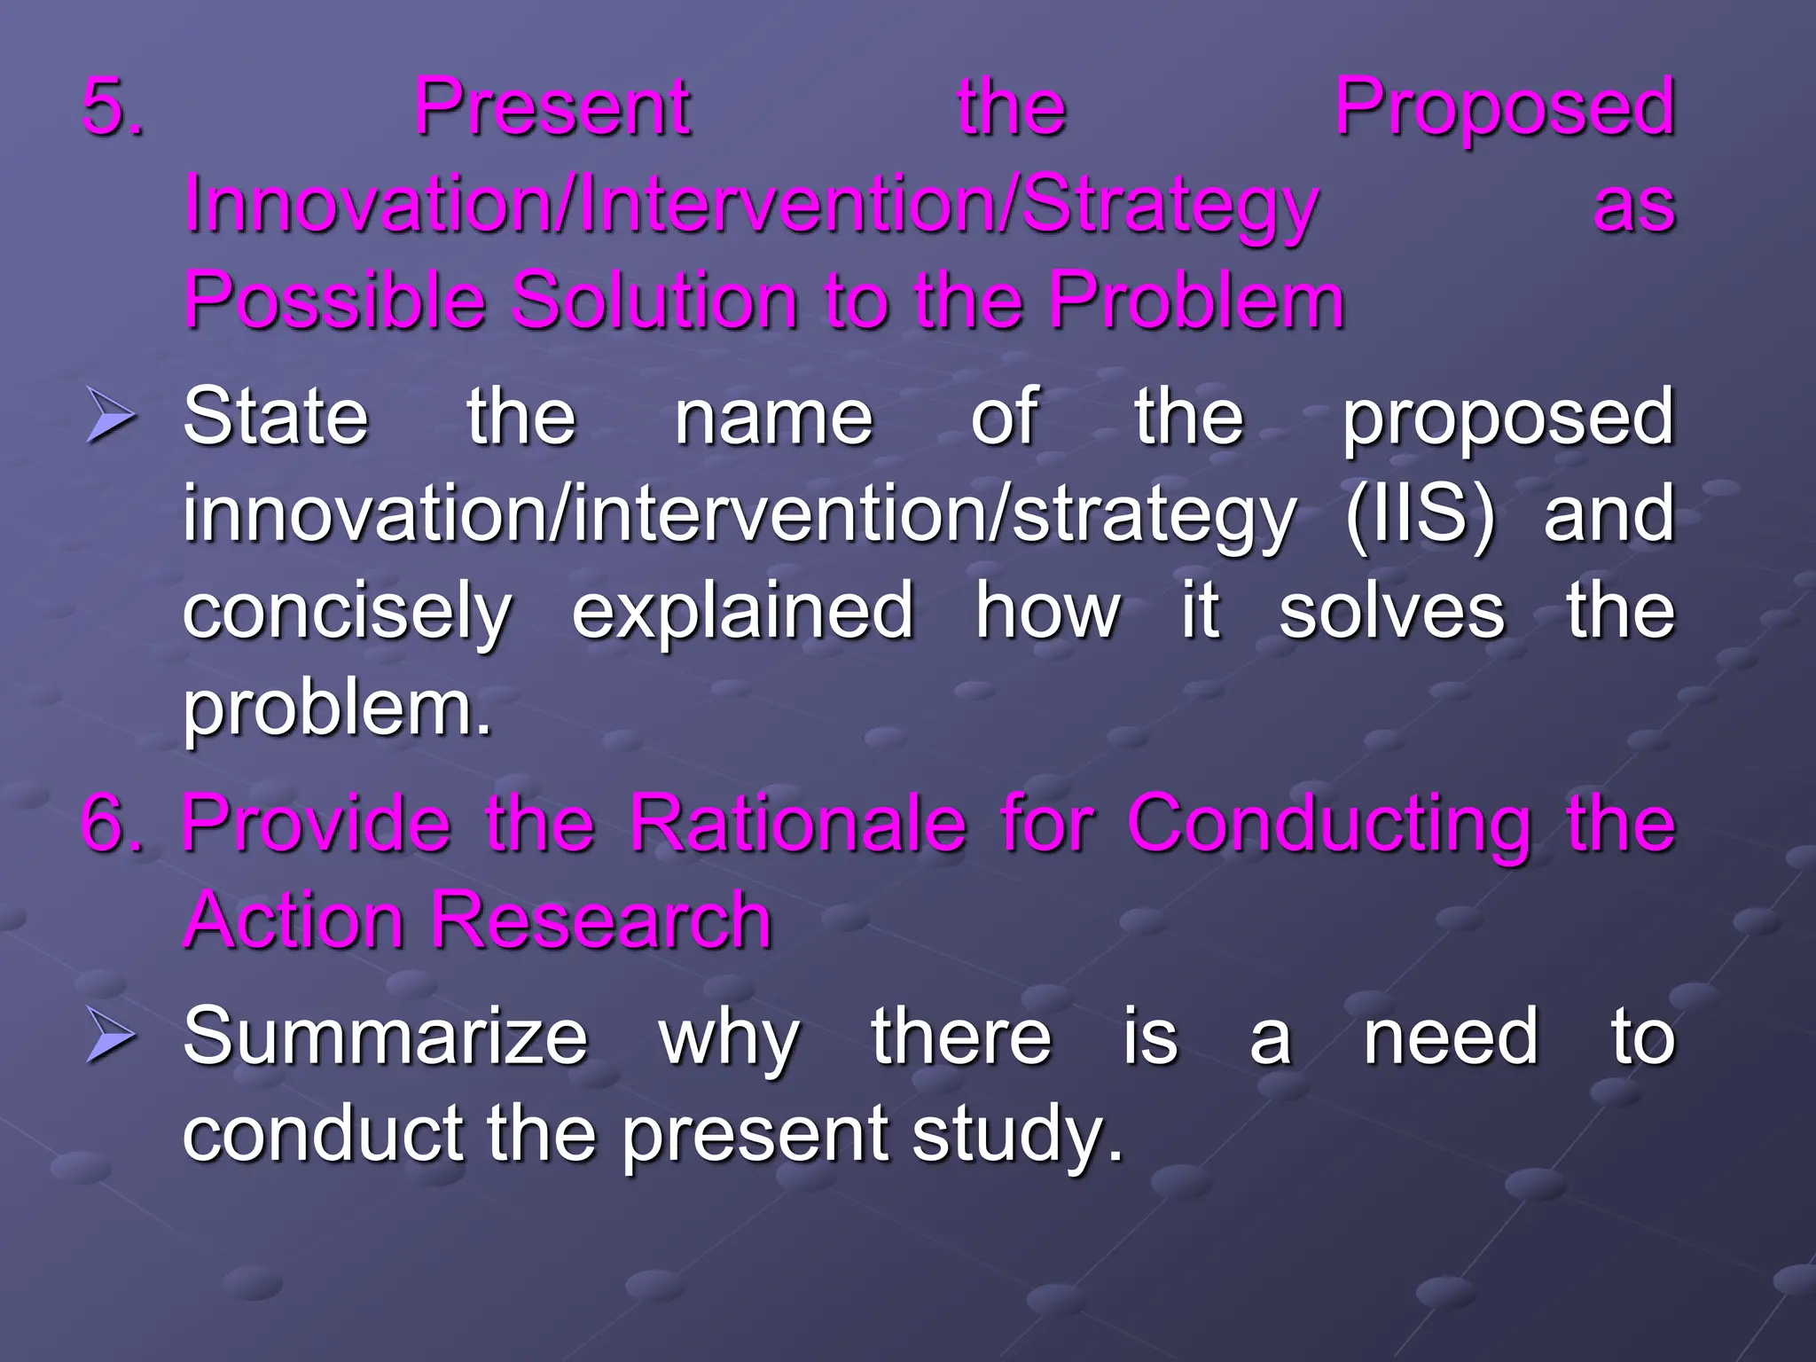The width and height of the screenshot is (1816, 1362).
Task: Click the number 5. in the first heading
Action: click(x=112, y=107)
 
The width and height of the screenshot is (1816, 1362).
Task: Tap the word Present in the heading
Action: click(x=552, y=107)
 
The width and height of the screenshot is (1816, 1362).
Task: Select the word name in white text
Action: click(x=774, y=418)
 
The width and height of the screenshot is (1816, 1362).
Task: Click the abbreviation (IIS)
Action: click(x=1420, y=513)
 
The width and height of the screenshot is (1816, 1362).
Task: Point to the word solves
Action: click(x=1391, y=611)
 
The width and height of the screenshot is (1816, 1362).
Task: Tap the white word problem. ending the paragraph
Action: click(x=336, y=710)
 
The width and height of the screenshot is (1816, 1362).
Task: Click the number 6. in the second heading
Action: click(x=112, y=824)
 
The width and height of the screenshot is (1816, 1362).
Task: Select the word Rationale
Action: click(x=798, y=824)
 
